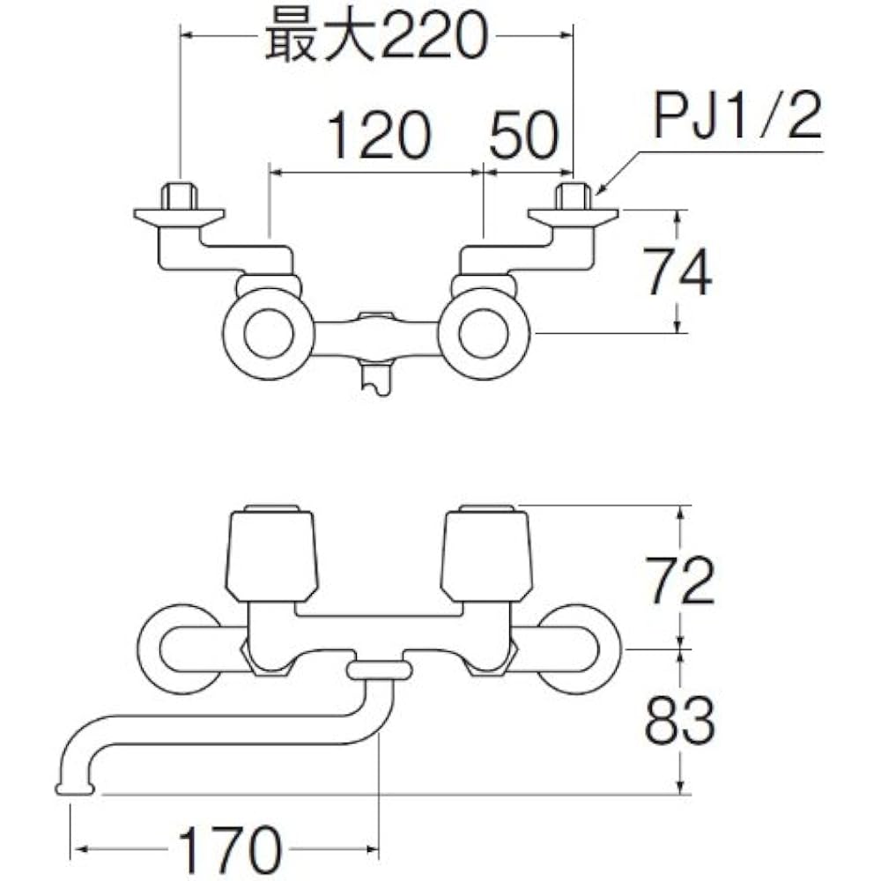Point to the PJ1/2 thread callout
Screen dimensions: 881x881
pos(737,119)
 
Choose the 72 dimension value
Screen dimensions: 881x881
pos(677,579)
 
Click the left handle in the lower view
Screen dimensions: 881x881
pos(273,553)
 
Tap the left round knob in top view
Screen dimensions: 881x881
pos(269,336)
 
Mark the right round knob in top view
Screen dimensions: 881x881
pos(484,336)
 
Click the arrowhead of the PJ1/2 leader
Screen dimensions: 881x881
pos(600,190)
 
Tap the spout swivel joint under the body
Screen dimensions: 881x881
pos(380,671)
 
